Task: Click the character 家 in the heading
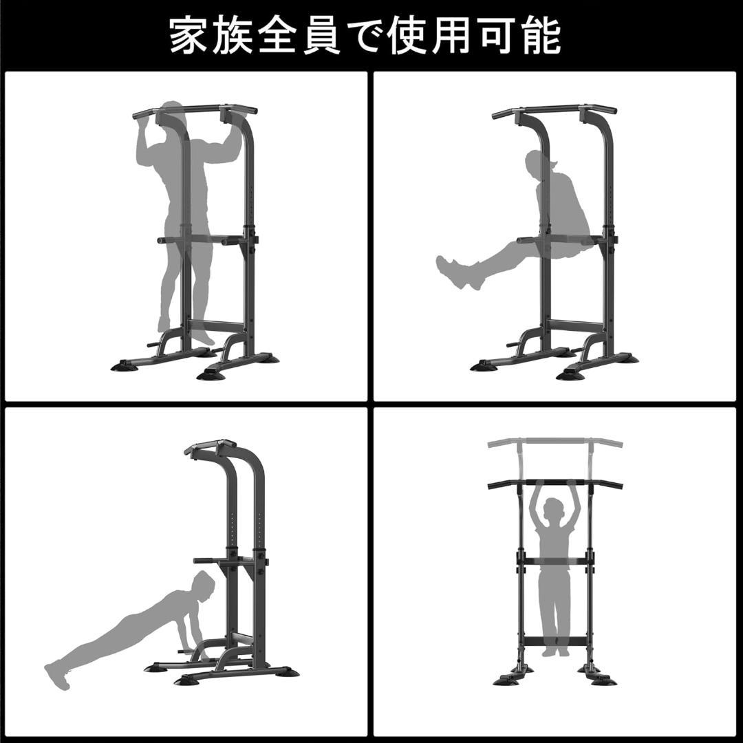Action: (188, 36)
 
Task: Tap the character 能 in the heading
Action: (541, 36)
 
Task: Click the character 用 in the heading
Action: (454, 36)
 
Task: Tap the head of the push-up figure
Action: (205, 585)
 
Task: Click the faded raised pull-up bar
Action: (555, 443)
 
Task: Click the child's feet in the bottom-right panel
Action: (555, 652)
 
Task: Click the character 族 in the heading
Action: (233, 36)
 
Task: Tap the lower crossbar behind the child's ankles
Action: (555, 643)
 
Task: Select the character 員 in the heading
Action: (321, 36)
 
